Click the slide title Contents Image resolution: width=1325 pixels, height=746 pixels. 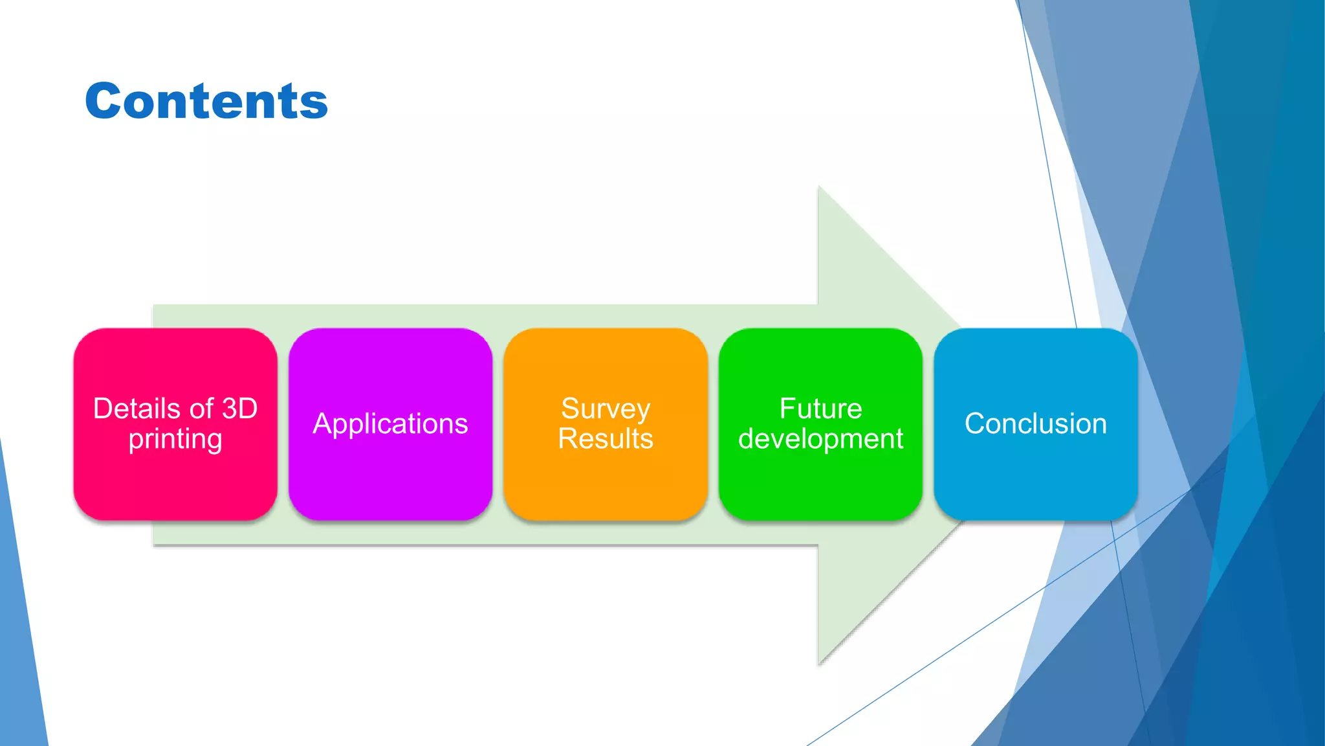206,102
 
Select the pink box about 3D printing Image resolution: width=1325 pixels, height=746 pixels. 175,479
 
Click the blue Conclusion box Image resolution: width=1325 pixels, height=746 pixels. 1035,479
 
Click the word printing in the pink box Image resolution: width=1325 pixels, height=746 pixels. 175,440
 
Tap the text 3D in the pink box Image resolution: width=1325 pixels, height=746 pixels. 239,409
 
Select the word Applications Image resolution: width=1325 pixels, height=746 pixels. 390,424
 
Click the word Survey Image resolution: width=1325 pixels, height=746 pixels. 606,409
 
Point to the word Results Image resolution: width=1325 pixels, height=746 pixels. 606,439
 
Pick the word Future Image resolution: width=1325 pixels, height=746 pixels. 820,409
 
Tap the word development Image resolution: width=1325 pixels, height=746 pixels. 820,439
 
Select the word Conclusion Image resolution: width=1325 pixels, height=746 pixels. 1035,424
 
